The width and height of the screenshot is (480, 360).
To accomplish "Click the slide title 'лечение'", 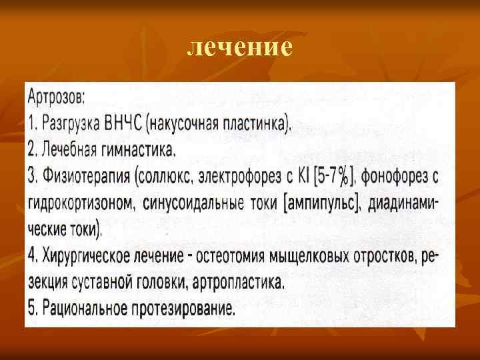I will [239, 47].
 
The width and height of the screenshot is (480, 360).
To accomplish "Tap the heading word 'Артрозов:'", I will [57, 98].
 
